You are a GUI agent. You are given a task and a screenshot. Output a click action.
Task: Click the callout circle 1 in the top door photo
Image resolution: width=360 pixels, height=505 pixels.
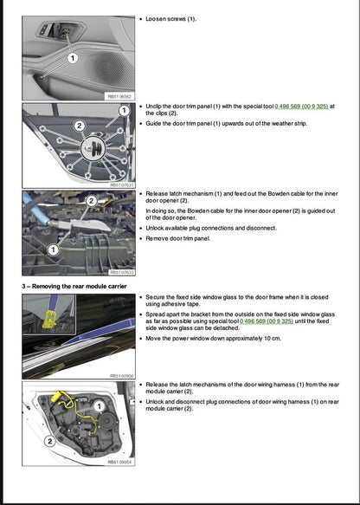coord(73,59)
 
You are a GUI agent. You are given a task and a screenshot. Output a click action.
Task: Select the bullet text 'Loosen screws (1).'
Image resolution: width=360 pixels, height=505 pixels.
coord(170,18)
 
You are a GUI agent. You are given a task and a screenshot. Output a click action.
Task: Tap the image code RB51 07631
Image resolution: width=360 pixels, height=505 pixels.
coord(119,185)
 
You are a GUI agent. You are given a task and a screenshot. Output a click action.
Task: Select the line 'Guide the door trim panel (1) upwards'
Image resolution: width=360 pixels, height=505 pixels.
coord(226,124)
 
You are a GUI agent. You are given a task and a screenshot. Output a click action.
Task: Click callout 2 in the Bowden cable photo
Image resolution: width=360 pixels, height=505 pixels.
coord(91,201)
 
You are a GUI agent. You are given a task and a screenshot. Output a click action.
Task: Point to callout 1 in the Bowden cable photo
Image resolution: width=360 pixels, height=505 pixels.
coord(53,249)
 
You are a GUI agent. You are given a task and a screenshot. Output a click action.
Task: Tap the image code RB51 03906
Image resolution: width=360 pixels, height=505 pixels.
coord(119,376)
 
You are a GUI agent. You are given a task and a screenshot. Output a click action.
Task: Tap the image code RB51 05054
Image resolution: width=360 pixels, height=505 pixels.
coord(119,462)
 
